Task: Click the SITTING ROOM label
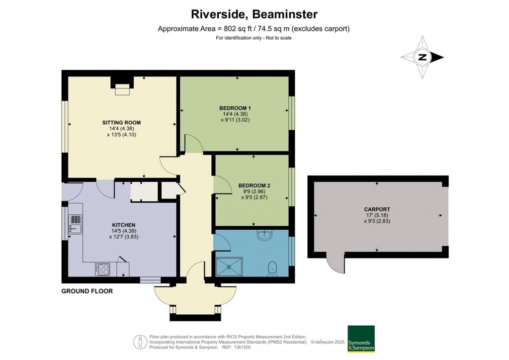coord(121,123)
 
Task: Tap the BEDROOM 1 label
coord(235,108)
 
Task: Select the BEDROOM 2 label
coord(254,185)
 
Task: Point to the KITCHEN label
coord(124,225)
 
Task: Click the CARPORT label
coord(377,209)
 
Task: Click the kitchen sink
coord(76,224)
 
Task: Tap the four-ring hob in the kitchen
coord(102,270)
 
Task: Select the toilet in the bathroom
coord(272,269)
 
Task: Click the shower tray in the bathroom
coord(229,267)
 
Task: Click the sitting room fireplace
coord(122,86)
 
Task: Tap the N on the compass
coord(422,58)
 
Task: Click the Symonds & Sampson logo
coord(361,339)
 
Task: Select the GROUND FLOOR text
coord(87,291)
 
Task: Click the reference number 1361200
coord(242,348)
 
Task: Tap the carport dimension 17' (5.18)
coord(377,215)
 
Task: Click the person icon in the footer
coord(140,342)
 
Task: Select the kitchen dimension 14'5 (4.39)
coord(124,231)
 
